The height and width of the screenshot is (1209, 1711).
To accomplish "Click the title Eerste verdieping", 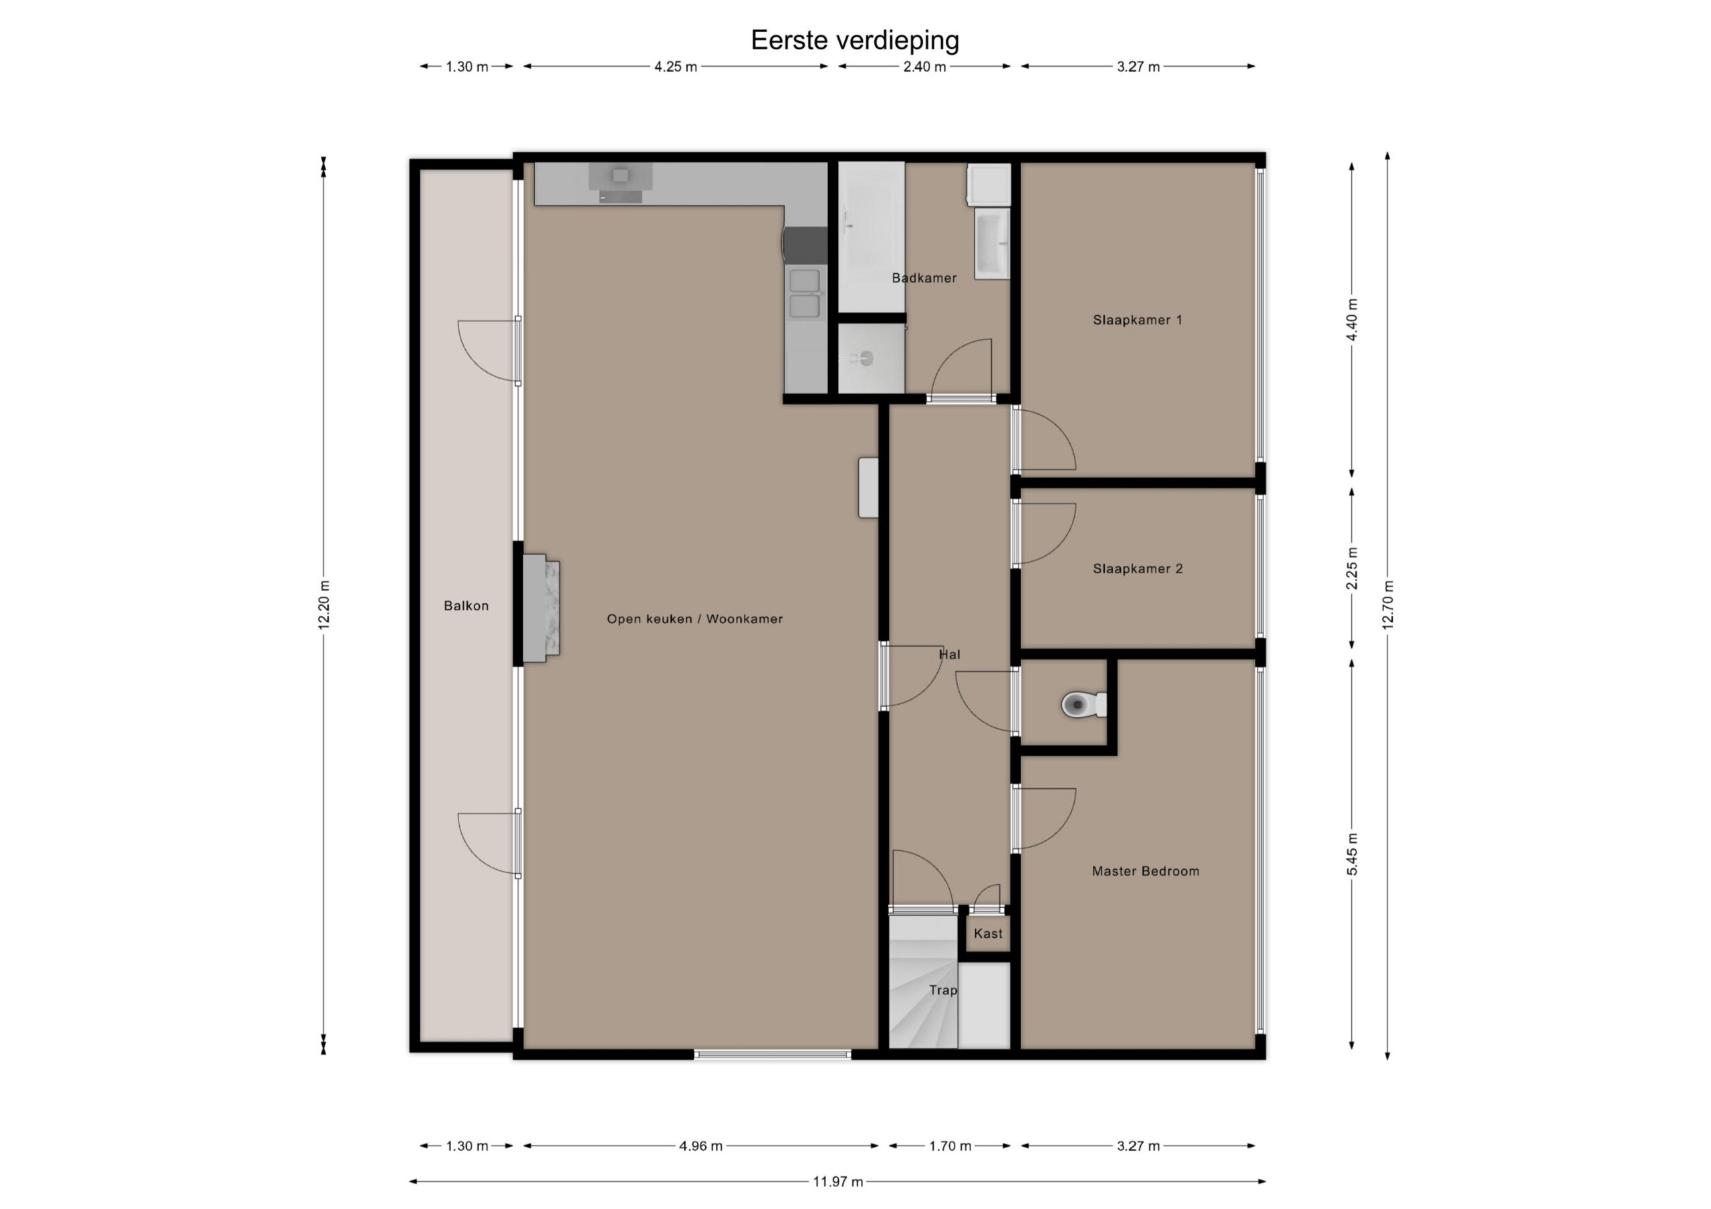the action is click(855, 40).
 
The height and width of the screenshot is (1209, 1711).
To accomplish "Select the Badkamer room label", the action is click(924, 278).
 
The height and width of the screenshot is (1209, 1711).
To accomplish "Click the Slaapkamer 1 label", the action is click(1137, 321).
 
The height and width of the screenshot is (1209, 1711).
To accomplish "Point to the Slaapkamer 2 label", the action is click(1137, 569).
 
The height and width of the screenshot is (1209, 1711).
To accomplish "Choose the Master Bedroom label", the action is click(1146, 871).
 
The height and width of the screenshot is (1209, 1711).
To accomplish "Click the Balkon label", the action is click(467, 606).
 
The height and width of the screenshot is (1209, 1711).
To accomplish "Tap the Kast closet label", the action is click(988, 933).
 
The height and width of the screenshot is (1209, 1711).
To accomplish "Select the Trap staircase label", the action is click(942, 990).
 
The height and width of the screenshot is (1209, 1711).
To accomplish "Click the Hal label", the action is click(949, 655).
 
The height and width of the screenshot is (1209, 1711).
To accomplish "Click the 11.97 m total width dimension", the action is click(837, 1182).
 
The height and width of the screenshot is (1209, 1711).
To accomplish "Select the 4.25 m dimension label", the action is click(676, 67).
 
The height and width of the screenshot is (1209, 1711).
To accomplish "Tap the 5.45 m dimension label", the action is click(1352, 854).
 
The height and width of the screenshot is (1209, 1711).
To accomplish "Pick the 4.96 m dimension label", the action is click(700, 1146).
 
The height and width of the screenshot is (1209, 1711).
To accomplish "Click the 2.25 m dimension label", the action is click(1352, 568).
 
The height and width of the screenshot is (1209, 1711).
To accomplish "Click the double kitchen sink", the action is click(805, 295).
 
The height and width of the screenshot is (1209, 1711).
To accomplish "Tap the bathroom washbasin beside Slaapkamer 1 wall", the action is click(992, 244).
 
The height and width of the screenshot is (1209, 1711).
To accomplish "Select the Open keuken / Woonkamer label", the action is click(694, 619).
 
